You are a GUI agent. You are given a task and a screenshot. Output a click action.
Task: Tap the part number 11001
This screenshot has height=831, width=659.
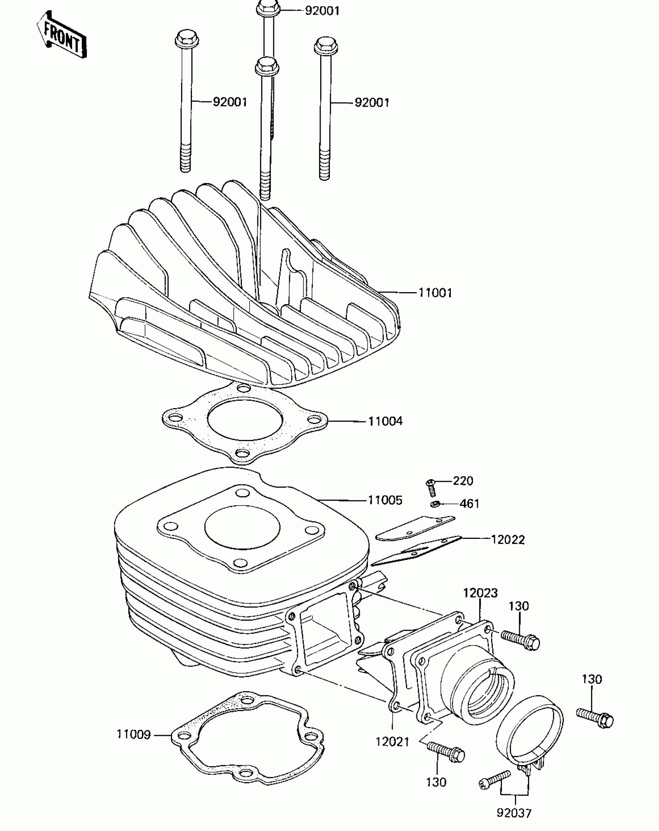click(435, 293)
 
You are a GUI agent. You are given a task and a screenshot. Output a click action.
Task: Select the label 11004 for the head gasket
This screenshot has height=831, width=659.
click(385, 421)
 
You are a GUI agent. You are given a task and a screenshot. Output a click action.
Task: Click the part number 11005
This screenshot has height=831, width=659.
click(385, 500)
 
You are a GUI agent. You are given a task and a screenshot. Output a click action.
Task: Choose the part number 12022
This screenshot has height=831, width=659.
click(508, 540)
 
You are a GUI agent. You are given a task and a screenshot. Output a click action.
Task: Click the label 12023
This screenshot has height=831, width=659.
click(480, 593)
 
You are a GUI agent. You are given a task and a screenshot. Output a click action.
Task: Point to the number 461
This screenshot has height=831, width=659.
click(469, 504)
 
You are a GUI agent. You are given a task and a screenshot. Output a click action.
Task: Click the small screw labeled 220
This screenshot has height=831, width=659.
click(431, 487)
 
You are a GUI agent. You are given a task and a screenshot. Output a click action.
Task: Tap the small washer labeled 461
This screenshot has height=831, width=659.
click(435, 504)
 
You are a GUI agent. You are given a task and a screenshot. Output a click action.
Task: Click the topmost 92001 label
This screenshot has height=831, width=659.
click(322, 11)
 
